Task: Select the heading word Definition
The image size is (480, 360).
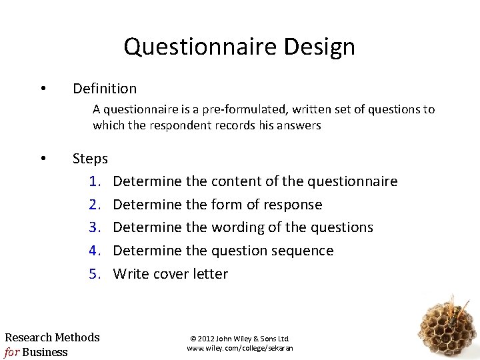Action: [105, 88]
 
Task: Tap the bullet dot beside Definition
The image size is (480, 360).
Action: [43, 89]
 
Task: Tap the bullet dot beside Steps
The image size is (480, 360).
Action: [43, 159]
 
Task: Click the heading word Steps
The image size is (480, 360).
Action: [90, 159]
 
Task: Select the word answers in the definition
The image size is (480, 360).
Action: [299, 125]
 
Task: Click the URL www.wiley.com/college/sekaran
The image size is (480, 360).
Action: [240, 348]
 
